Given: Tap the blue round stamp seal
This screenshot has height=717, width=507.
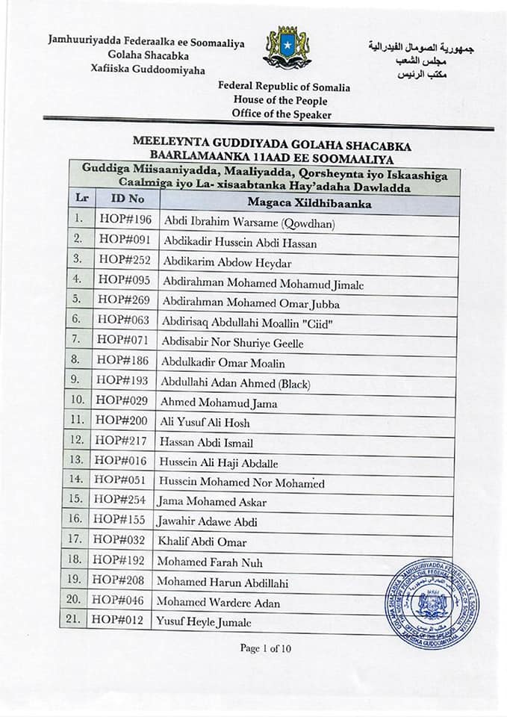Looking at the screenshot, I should click(x=432, y=603).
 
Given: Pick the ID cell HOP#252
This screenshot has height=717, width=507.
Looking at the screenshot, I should click(x=124, y=261).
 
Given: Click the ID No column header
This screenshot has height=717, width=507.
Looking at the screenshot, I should click(x=127, y=199).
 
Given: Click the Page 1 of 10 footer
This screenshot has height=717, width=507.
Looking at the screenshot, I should click(x=266, y=648).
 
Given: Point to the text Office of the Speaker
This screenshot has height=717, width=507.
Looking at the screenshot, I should click(x=282, y=114).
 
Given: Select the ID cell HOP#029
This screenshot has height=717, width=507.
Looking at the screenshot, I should click(x=122, y=401).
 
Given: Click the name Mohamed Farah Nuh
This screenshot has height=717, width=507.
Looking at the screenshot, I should click(x=209, y=562).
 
